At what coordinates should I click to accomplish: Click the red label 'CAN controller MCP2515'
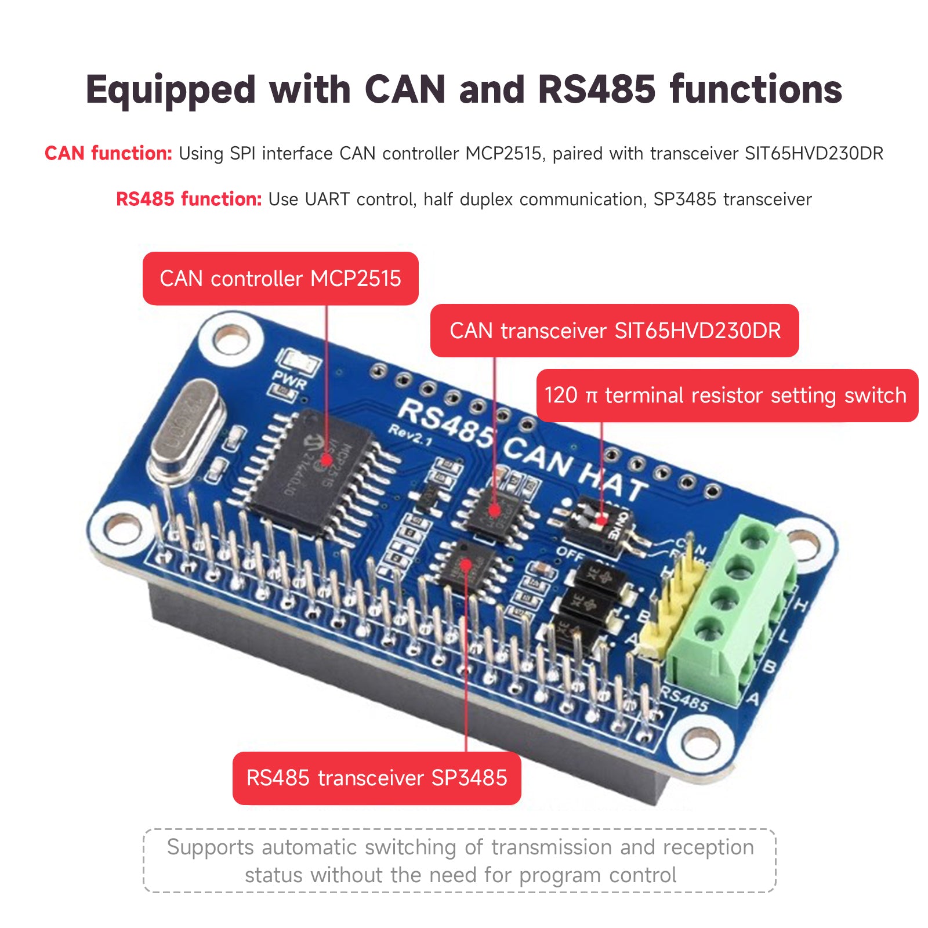(x=280, y=278)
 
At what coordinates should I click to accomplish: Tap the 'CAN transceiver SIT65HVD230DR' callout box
(x=614, y=331)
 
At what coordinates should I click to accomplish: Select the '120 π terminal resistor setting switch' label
(x=727, y=396)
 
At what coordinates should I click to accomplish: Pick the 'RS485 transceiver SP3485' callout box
(x=376, y=778)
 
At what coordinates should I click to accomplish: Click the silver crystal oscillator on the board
(x=186, y=429)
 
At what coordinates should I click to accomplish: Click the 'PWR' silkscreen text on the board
(x=289, y=382)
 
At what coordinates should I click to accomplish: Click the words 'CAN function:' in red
(x=108, y=154)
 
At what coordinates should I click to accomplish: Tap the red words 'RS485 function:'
(x=188, y=200)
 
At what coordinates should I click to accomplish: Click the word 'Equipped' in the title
(x=171, y=90)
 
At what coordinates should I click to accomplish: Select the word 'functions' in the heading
(x=756, y=89)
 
